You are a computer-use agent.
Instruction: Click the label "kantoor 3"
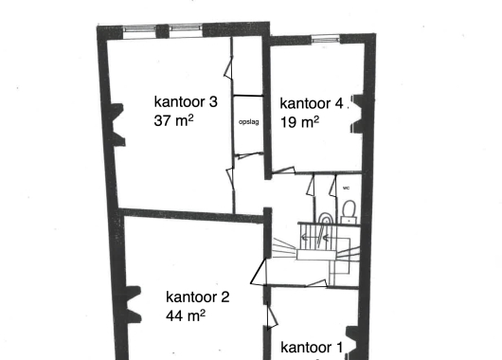(x=186, y=102)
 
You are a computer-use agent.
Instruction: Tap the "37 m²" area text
(x=173, y=120)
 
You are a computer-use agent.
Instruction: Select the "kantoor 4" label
(x=312, y=103)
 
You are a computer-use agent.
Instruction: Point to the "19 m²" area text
(x=299, y=122)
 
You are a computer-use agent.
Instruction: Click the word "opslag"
(x=249, y=122)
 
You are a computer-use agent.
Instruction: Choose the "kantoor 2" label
(x=198, y=297)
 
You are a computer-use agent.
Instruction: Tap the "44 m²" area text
(x=186, y=315)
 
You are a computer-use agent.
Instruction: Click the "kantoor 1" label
(x=312, y=348)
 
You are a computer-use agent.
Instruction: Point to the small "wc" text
(x=346, y=188)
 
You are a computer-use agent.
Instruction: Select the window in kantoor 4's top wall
(x=325, y=39)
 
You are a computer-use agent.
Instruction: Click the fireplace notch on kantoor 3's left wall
(x=117, y=125)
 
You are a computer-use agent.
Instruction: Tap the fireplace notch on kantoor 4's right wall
(x=357, y=114)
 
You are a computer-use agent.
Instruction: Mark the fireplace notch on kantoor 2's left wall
(x=134, y=304)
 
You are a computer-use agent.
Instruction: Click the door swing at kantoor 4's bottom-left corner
(x=283, y=171)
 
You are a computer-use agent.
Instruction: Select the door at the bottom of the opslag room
(x=248, y=155)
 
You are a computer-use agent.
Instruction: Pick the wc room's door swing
(x=333, y=186)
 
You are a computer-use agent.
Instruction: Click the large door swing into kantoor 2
(x=259, y=272)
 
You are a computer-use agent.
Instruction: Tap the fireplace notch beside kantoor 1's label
(x=352, y=343)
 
